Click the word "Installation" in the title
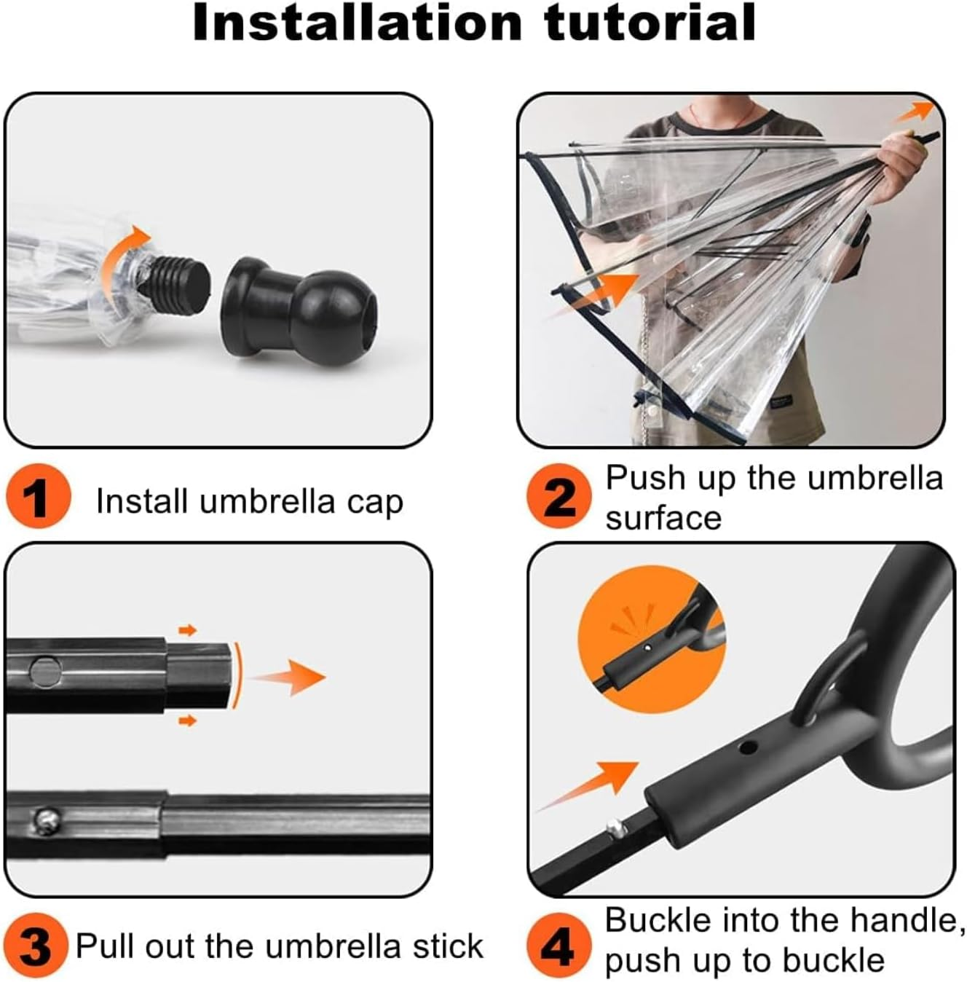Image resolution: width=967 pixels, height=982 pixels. [x=358, y=23]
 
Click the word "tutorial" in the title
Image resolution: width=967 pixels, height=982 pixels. [x=650, y=23]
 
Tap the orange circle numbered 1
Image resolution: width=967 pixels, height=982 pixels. [x=37, y=499]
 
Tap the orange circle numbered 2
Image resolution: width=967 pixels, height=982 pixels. [x=558, y=498]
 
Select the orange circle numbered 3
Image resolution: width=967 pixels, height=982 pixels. [x=35, y=946]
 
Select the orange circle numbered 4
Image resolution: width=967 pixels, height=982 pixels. [x=558, y=948]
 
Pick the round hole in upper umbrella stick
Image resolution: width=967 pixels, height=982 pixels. [x=46, y=670]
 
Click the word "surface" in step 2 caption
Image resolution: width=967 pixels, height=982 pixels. [x=663, y=518]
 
